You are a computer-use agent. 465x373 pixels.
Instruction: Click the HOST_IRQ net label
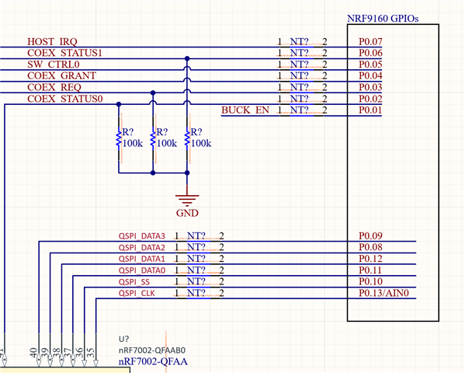pos(52,42)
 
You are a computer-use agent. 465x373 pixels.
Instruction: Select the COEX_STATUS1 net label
pos(64,53)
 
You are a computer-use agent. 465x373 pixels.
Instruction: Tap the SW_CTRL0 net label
pos(54,64)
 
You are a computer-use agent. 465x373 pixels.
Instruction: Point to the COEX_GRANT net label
pos(61,75)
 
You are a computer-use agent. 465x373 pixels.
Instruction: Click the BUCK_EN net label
pos(245,110)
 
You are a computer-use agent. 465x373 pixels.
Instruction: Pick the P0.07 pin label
pos(370,42)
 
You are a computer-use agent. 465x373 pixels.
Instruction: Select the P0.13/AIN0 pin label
pos(383,293)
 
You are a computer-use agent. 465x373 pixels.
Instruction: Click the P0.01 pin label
pos(370,110)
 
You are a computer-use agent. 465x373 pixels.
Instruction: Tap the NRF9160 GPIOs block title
pos(383,19)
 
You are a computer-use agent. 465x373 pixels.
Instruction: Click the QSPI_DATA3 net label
pos(142,236)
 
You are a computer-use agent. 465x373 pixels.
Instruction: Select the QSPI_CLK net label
pos(137,294)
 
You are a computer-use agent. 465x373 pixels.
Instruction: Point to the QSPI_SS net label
pos(134,282)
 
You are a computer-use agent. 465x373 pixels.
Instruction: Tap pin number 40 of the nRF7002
pos(33,353)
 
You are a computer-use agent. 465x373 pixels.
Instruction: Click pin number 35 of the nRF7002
pos(91,353)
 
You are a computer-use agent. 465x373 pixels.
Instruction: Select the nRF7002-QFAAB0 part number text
pos(152,350)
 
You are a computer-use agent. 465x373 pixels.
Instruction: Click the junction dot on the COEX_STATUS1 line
pos(187,58)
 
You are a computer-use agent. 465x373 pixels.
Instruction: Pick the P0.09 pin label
pos(370,235)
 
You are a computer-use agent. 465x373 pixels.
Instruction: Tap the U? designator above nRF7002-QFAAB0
pos(124,339)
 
